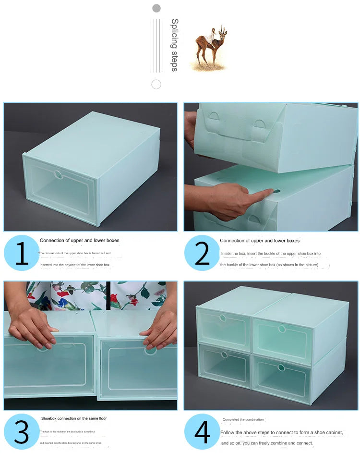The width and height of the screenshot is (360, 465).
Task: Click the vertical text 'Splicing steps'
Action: [x=175, y=45]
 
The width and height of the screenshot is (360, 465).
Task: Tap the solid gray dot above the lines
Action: [x=156, y=8]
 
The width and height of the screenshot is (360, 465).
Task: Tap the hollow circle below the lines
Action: [x=156, y=85]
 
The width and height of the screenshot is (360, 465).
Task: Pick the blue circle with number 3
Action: [x=22, y=431]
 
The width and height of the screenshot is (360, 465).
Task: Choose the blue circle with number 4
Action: [x=202, y=431]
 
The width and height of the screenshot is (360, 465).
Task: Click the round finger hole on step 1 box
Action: [x=58, y=174]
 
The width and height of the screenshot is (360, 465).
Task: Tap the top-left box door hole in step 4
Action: [x=223, y=318]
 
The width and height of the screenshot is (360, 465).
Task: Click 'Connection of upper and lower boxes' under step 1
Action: [x=80, y=240]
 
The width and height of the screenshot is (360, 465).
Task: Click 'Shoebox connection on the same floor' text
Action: [x=74, y=418]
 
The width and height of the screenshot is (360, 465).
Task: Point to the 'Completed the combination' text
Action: [x=243, y=419]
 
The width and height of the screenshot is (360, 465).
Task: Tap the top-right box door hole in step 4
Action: [x=282, y=329]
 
